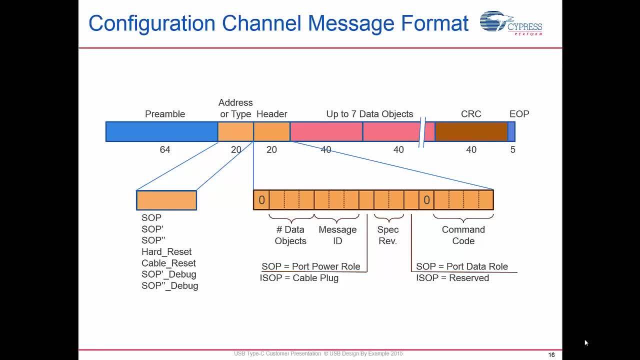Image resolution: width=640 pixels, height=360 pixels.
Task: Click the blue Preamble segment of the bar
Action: [161, 131]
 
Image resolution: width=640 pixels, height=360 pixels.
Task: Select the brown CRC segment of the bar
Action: [471, 131]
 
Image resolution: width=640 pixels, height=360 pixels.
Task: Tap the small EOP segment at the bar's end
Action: [511, 131]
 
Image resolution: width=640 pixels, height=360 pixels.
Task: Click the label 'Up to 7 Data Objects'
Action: [369, 114]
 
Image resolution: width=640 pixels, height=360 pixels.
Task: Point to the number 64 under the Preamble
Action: [165, 149]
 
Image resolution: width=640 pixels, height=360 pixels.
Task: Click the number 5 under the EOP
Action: [513, 149]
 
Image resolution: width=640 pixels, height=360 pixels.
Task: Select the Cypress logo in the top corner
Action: [511, 23]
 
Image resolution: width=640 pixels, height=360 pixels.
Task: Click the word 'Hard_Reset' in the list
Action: [166, 251]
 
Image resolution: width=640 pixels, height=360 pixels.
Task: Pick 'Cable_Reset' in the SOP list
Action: [168, 263]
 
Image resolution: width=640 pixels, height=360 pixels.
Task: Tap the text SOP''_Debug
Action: [169, 285]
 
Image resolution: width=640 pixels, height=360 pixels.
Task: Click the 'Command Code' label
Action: [463, 235]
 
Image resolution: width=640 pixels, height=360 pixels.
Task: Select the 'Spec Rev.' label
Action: [388, 235]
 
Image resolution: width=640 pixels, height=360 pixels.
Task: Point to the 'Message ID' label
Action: [337, 235]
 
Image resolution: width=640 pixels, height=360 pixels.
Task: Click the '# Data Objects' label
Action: [290, 235]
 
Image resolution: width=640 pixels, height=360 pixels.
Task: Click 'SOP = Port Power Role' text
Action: [311, 266]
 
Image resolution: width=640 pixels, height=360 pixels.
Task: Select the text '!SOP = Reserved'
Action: [452, 278]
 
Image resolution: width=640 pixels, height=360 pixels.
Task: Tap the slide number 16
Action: [551, 355]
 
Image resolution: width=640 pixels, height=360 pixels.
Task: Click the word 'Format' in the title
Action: [434, 23]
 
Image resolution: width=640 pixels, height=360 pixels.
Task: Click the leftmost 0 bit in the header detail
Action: [261, 200]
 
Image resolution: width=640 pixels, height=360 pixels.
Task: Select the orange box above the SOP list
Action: [166, 200]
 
